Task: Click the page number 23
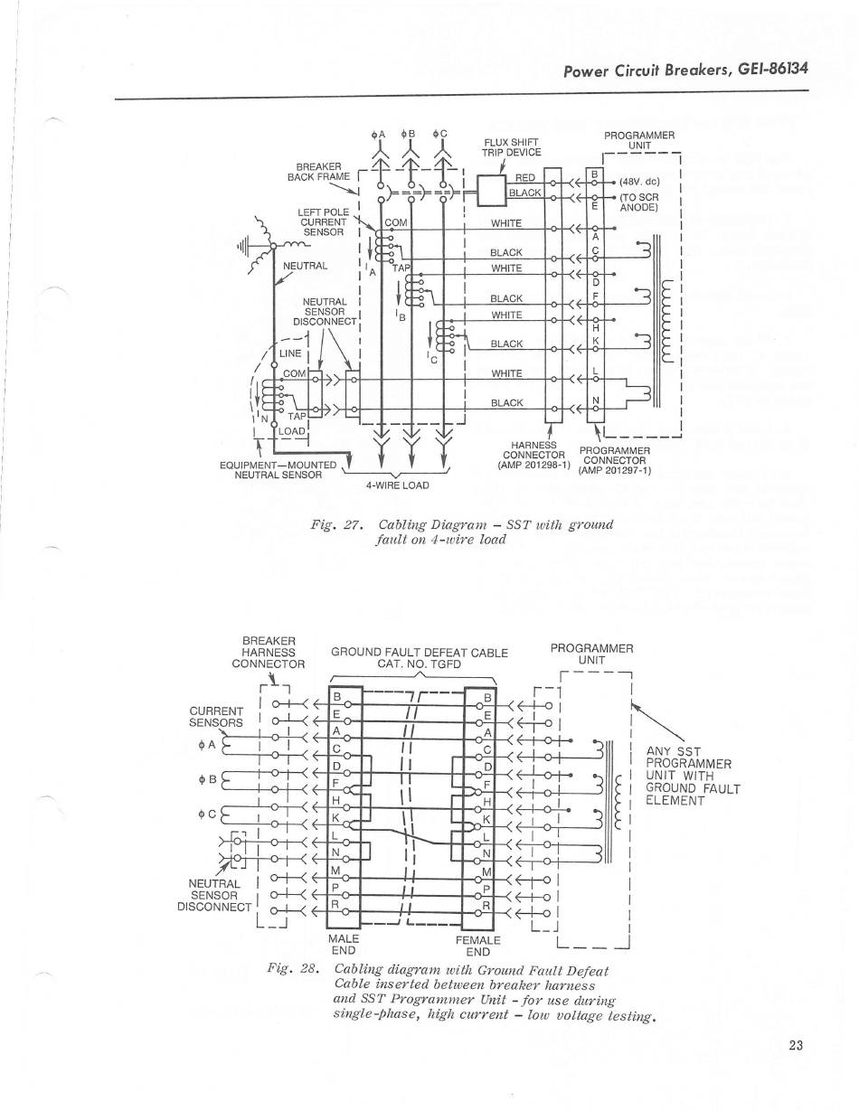click(796, 1046)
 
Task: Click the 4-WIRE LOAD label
click(397, 485)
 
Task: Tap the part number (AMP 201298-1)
click(533, 465)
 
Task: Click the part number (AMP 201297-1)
click(614, 470)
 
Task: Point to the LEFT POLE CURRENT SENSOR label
click(323, 221)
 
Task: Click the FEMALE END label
click(477, 946)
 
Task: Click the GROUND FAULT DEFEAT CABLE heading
click(420, 652)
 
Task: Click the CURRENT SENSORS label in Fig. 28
click(216, 716)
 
